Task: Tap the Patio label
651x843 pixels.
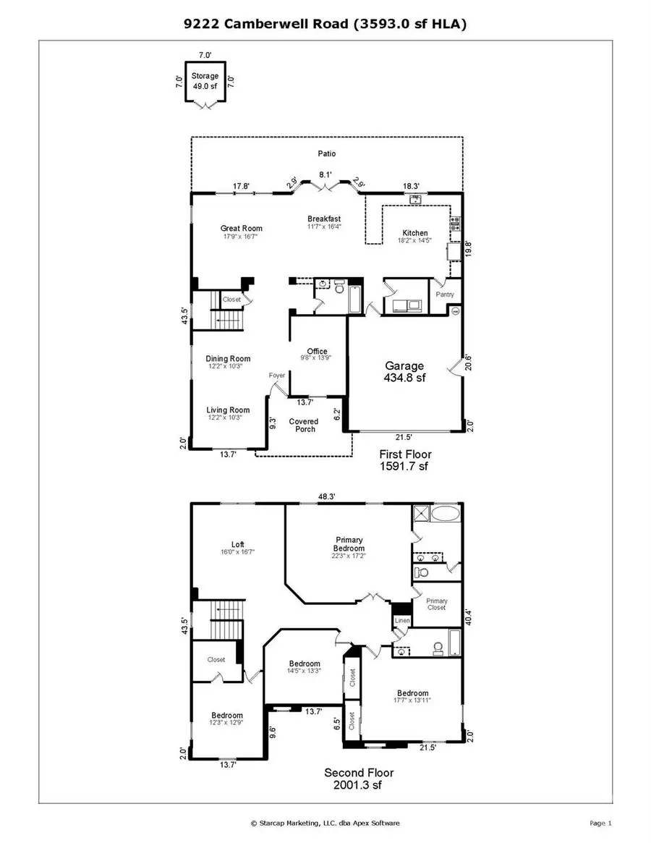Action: (x=326, y=153)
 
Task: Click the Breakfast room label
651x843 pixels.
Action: (x=323, y=223)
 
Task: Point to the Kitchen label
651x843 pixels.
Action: (x=415, y=237)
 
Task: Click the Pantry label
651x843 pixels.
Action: (x=445, y=295)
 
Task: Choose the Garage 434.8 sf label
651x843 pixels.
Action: (x=404, y=371)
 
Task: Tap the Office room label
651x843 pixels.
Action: (x=317, y=355)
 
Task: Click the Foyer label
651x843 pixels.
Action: (x=277, y=376)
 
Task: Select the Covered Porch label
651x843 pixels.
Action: (x=303, y=425)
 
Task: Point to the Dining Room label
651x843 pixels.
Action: (x=228, y=363)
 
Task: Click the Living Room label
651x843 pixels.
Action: (x=228, y=414)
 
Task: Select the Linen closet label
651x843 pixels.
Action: (x=401, y=621)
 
